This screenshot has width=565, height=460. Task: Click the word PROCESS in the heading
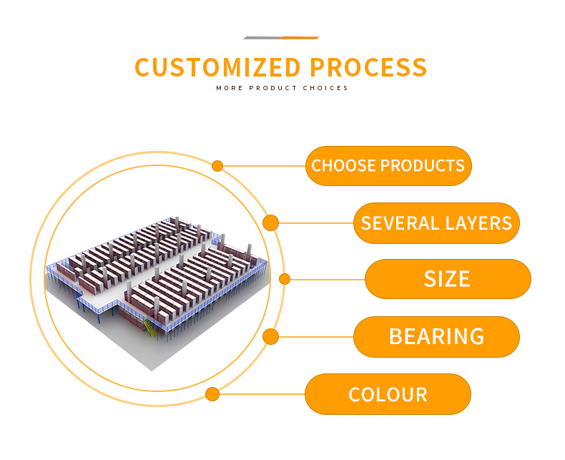(x=369, y=67)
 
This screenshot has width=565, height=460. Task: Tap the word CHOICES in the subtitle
(x=326, y=88)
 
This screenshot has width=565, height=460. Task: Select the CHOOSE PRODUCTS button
(x=388, y=166)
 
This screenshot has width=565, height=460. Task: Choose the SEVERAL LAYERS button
(x=436, y=222)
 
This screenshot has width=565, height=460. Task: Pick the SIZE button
(x=448, y=278)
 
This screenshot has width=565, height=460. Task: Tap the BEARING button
(x=436, y=336)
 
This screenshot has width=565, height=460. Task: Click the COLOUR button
(x=388, y=394)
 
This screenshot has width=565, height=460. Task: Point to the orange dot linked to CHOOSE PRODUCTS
(x=217, y=166)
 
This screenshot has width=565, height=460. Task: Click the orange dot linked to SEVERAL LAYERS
(x=270, y=222)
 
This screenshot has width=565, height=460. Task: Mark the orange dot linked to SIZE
(x=285, y=279)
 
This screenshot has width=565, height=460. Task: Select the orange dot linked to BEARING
(x=270, y=336)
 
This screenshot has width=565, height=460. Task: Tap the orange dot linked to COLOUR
(x=212, y=394)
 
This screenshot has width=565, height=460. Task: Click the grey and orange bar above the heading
(x=280, y=37)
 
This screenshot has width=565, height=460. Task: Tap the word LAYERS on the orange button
(x=478, y=222)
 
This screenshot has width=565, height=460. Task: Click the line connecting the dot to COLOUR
(x=262, y=394)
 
